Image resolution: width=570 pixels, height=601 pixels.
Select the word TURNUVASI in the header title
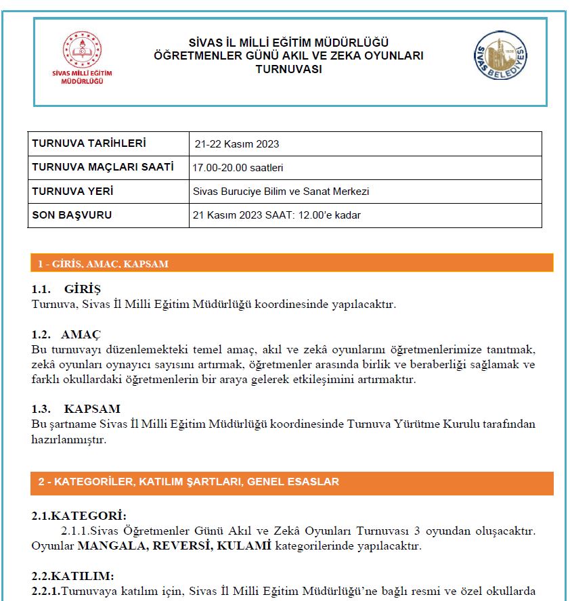pyautogui.click(x=288, y=69)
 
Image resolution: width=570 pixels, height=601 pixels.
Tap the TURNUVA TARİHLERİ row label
pyautogui.click(x=89, y=143)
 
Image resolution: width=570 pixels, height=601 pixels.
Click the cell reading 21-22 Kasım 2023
pyautogui.click(x=236, y=144)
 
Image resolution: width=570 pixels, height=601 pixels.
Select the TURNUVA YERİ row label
pyautogui.click(x=72, y=192)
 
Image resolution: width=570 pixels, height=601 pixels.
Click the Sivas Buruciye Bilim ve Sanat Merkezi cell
pyautogui.click(x=281, y=192)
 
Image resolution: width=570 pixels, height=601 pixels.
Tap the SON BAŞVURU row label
pyautogui.click(x=72, y=215)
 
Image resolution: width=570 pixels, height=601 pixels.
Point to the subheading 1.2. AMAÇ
pyautogui.click(x=66, y=334)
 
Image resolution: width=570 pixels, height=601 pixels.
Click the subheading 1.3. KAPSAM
pyautogui.click(x=76, y=409)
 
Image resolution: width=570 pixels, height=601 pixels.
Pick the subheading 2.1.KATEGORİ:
pyautogui.click(x=79, y=516)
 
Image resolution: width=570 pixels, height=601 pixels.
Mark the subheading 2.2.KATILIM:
pyautogui.click(x=72, y=576)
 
